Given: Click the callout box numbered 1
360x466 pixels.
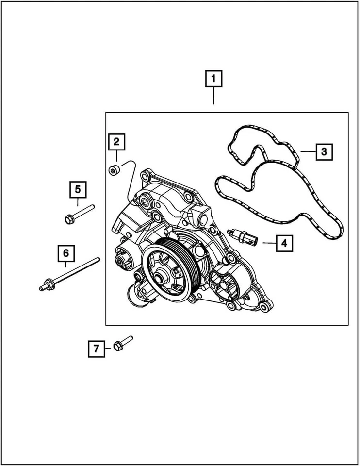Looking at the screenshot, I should (x=213, y=79).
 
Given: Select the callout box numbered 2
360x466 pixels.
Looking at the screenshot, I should (x=116, y=142).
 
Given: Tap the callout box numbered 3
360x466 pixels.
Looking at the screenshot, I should (x=324, y=152).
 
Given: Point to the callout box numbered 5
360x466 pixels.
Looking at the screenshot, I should (x=78, y=189).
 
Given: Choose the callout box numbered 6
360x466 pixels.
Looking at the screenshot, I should (x=66, y=253).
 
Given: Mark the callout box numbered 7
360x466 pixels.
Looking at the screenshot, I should (x=96, y=348).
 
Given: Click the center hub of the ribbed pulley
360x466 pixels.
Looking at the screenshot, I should (x=160, y=280).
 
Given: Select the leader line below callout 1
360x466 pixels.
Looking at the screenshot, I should (x=213, y=97).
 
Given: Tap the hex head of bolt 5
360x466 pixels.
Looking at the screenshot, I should (x=68, y=219).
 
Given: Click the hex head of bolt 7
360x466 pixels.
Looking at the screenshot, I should (x=117, y=346).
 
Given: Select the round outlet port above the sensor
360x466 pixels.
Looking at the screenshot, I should (x=201, y=217).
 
